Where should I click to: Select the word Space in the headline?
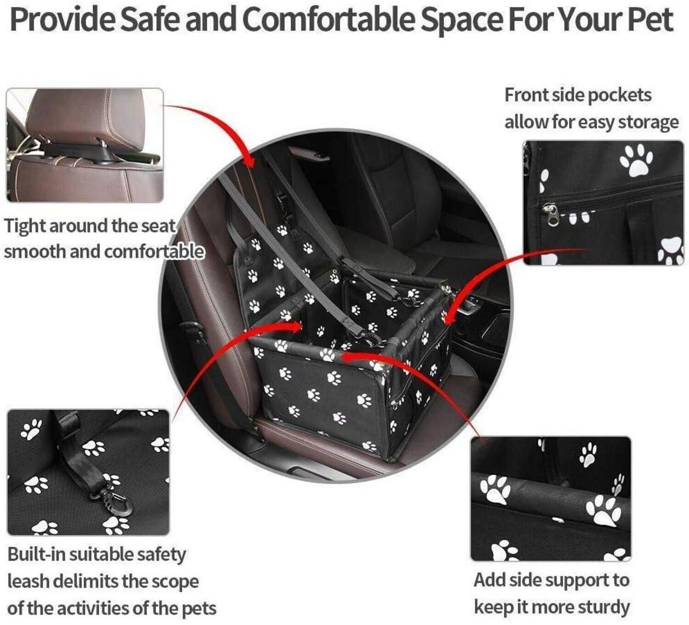(x=461, y=21)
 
